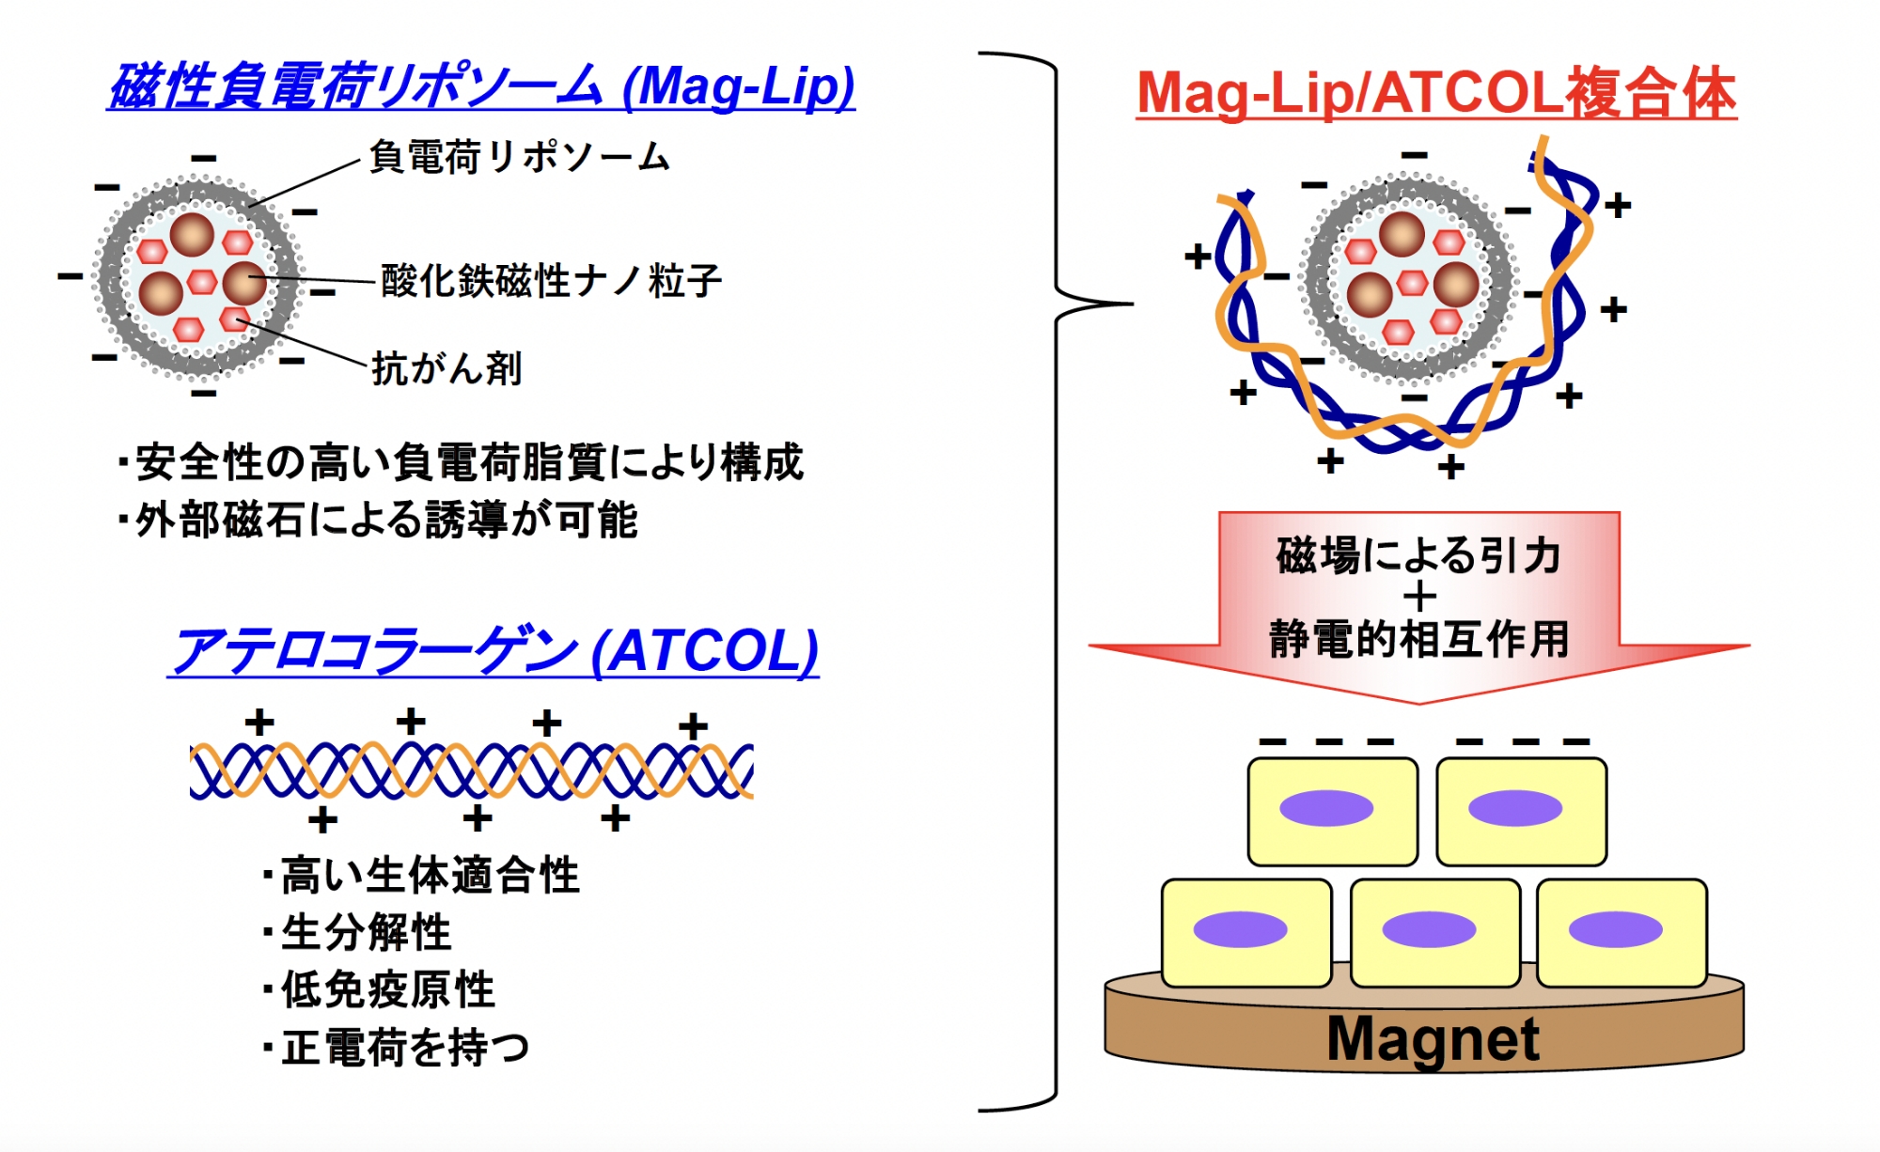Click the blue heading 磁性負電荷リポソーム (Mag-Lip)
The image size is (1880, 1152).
tap(481, 86)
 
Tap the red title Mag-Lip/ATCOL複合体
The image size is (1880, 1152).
tap(1436, 94)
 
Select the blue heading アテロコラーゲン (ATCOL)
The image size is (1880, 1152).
tap(493, 651)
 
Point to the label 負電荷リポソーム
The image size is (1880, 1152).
tap(519, 156)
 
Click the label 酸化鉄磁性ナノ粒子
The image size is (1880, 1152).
tap(551, 280)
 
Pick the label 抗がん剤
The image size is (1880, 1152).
tap(446, 367)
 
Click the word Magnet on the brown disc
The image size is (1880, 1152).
tap(1433, 1039)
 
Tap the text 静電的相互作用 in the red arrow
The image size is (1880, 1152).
tap(1419, 639)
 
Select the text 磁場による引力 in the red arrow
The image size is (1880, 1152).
tap(1419, 554)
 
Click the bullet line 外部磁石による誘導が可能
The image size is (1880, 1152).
tap(378, 520)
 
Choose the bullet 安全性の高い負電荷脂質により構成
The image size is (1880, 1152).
tap(461, 462)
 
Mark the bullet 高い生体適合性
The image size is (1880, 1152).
tap(421, 875)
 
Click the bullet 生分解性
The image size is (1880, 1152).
tap(357, 932)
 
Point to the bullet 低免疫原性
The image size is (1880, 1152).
tap(379, 989)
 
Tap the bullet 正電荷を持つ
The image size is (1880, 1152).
tap(397, 1047)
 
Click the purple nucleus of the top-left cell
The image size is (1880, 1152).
tap(1326, 808)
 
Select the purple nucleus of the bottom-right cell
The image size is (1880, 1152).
tap(1615, 930)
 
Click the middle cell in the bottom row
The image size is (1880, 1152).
tap(1434, 933)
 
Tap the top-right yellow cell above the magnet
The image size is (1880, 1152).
tap(1521, 812)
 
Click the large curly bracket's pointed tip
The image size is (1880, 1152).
tap(1132, 304)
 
